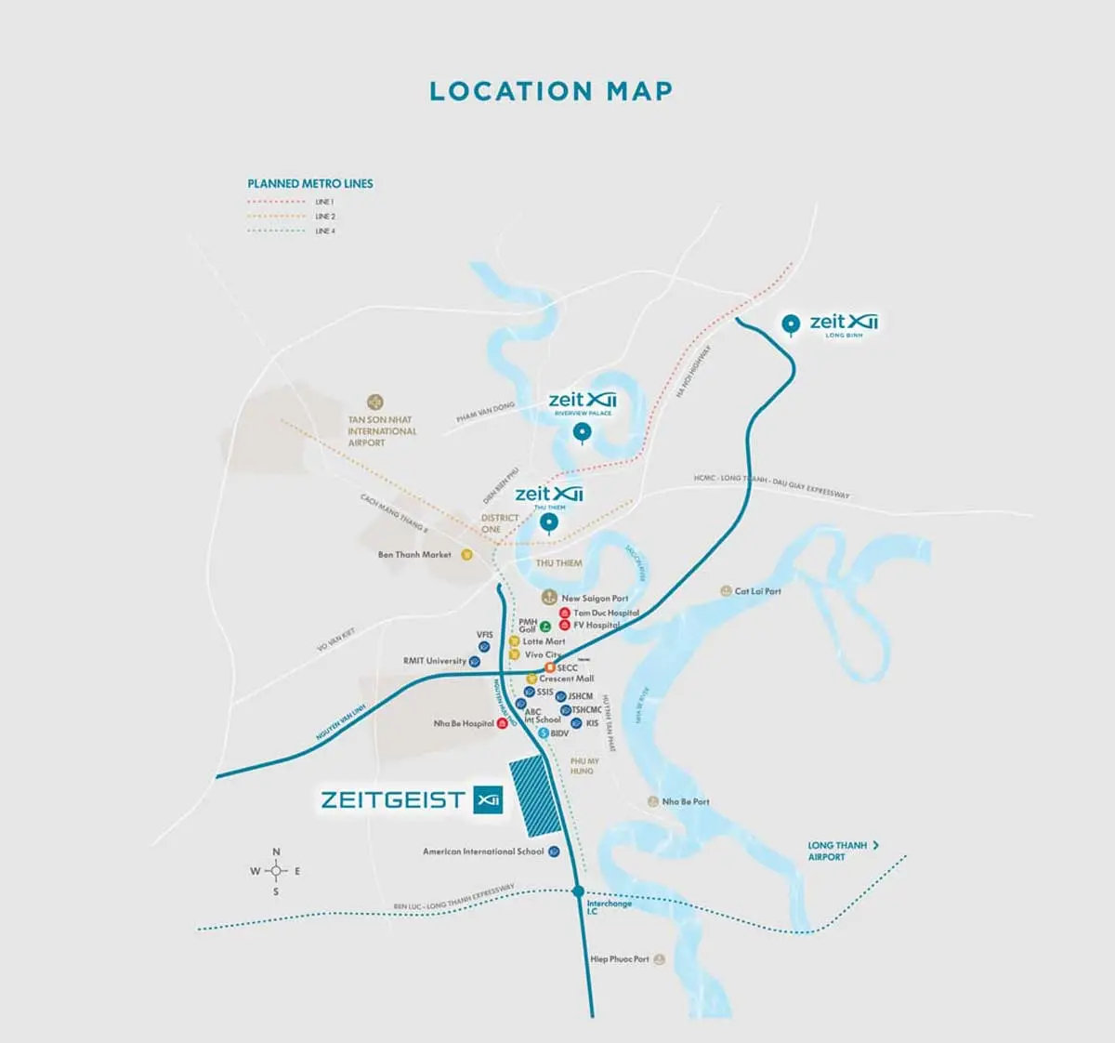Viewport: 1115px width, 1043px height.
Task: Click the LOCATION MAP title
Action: point(551,91)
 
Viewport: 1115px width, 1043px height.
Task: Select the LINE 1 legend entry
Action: point(323,202)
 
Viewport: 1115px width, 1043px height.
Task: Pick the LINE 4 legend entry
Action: point(323,231)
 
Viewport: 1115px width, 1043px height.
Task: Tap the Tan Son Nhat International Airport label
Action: point(382,431)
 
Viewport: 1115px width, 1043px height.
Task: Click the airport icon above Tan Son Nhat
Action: point(375,403)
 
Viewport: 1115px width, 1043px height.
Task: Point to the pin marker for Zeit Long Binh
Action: point(791,323)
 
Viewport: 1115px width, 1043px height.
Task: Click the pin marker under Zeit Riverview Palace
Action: point(582,431)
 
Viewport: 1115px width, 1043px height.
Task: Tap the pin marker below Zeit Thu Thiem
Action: point(549,523)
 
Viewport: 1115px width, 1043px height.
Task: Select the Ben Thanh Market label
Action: point(414,555)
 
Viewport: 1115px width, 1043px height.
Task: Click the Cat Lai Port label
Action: point(757,591)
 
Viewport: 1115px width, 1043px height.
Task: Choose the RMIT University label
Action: point(434,661)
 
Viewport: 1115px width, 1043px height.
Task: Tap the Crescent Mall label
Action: point(566,679)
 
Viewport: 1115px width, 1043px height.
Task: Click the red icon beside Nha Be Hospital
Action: point(503,723)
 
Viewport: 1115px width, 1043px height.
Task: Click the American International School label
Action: point(483,852)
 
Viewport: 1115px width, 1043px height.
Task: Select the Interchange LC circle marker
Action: point(578,891)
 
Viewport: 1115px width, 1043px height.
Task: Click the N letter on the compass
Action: point(276,852)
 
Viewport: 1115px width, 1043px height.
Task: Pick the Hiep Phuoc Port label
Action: point(620,958)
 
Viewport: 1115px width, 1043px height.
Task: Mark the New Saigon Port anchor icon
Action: point(549,597)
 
